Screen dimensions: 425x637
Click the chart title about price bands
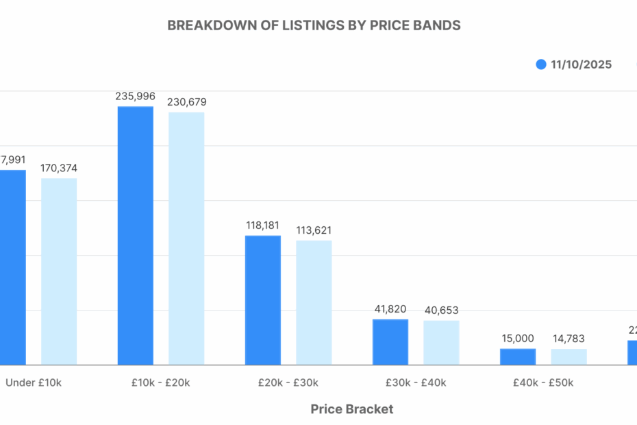click(314, 25)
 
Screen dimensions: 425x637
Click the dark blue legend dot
click(541, 64)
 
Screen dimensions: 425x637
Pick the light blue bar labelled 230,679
click(186, 238)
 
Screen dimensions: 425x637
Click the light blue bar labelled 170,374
click(59, 271)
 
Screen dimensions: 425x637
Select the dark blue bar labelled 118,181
click(263, 300)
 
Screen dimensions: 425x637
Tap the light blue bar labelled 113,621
click(314, 302)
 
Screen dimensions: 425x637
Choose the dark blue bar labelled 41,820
click(390, 341)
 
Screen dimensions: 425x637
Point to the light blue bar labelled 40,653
click(441, 342)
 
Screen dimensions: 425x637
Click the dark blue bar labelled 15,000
click(518, 356)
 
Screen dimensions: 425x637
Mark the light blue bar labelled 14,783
click(569, 356)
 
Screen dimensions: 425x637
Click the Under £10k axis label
click(34, 382)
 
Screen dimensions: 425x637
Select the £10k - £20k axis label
click(161, 382)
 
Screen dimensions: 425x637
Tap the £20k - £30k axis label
click(288, 382)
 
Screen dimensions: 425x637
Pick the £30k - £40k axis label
click(416, 382)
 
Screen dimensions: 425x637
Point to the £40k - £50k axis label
click(543, 382)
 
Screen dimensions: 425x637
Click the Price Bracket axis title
click(352, 409)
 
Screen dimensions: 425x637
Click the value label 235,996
click(136, 97)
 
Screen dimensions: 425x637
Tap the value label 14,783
click(569, 339)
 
